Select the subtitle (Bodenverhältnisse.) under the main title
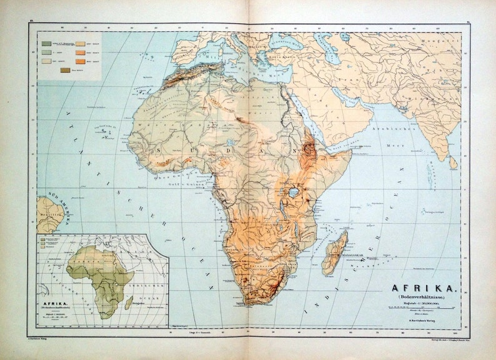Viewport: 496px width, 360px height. [425, 298]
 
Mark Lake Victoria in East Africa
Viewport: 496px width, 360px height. [293, 192]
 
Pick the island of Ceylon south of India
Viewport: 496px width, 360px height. [453, 162]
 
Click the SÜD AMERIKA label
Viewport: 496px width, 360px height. [49, 194]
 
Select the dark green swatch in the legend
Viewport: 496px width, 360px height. [47, 42]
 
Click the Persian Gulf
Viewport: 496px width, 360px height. [352, 99]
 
